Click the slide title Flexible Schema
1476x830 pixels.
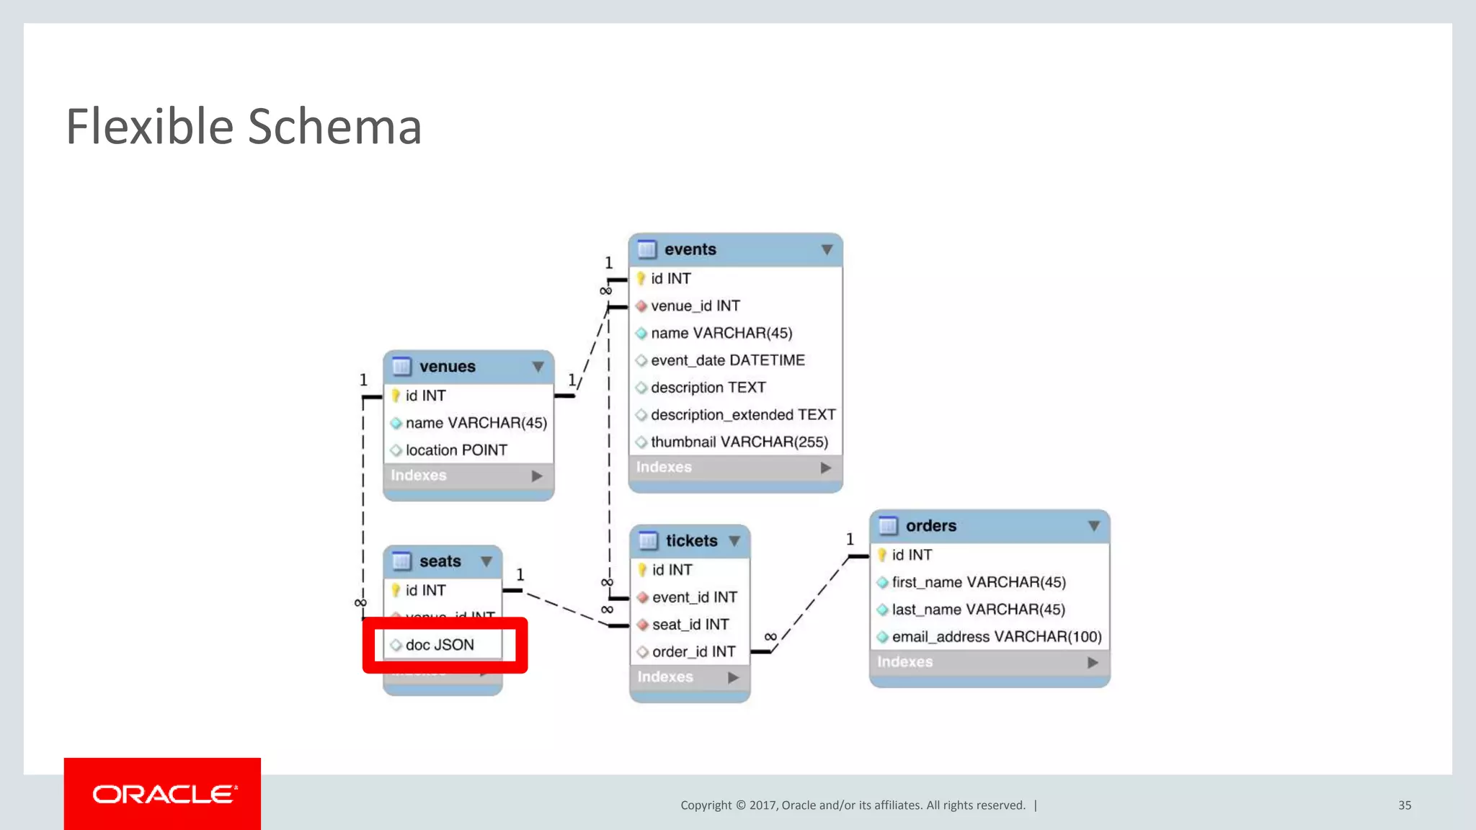point(244,127)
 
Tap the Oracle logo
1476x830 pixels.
point(163,794)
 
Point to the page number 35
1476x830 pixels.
point(1405,806)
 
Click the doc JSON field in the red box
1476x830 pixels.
point(440,645)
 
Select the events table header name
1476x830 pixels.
point(690,249)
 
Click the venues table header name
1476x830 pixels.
point(447,367)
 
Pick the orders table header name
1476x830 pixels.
point(930,526)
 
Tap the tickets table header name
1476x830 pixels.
point(691,541)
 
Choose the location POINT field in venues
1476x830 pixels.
point(456,450)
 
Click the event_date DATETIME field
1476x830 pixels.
point(727,360)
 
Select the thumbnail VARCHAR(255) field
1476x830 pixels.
point(739,442)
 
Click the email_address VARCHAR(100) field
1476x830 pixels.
point(996,637)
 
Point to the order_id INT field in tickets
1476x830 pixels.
point(693,652)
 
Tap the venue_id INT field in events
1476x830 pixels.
point(695,306)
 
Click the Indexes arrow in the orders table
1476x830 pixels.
point(1093,662)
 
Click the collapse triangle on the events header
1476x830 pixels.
point(827,250)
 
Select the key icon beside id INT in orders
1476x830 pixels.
point(882,555)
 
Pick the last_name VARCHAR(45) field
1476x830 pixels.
point(978,610)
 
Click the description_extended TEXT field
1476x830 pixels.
point(742,415)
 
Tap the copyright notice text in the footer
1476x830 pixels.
point(853,806)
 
